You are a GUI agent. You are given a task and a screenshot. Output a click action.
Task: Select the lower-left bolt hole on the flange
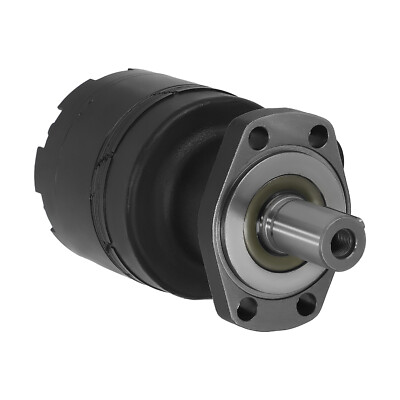click(244, 310)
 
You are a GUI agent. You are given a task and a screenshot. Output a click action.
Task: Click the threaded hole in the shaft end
click(343, 239)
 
